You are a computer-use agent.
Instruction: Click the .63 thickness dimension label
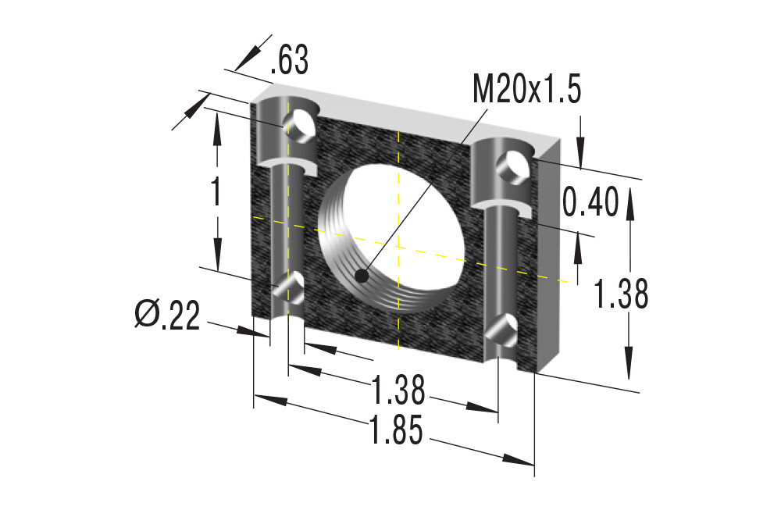(x=289, y=60)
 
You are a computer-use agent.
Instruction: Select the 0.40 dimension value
(x=590, y=202)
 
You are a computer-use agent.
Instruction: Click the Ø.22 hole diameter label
(x=168, y=315)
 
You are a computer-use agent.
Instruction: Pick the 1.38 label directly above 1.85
(x=398, y=390)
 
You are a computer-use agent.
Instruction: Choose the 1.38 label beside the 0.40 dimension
(x=621, y=294)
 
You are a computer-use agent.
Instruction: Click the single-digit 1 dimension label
(x=216, y=192)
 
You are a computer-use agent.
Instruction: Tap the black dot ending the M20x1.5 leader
(x=362, y=276)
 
